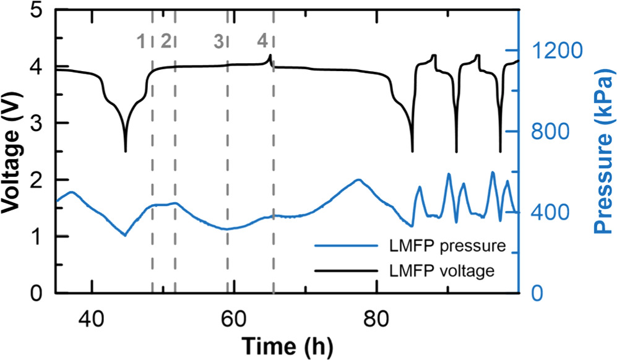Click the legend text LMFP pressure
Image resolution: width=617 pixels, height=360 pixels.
click(440, 247)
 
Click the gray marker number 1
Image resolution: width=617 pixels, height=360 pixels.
click(142, 41)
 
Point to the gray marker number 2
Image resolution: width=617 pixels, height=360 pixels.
click(165, 41)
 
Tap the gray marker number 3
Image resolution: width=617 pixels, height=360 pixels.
click(218, 41)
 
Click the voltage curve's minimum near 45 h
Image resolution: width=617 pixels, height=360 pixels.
click(126, 151)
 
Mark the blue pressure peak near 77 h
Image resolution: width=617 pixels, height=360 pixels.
click(358, 180)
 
